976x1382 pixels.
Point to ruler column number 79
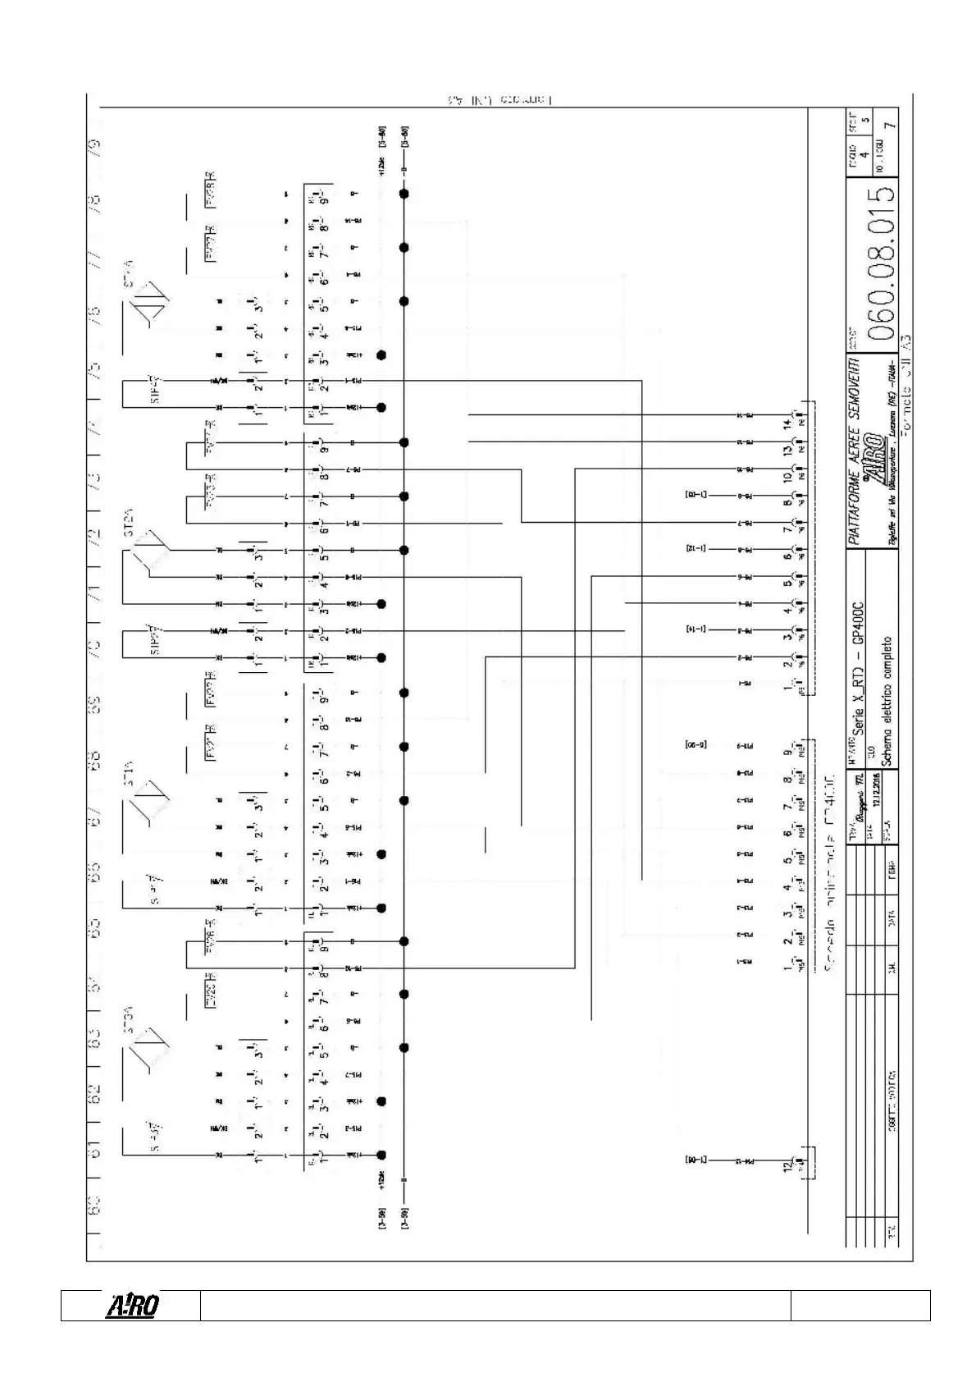(95, 149)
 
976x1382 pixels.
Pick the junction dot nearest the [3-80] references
(404, 194)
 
